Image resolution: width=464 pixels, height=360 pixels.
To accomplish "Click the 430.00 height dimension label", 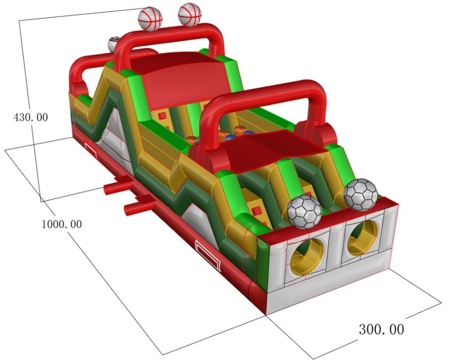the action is click(30, 117).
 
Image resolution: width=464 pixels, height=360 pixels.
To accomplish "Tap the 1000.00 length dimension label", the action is click(61, 224).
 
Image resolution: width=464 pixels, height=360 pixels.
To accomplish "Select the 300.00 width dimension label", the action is click(382, 329).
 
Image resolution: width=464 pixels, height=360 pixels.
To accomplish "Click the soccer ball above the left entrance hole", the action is click(304, 211).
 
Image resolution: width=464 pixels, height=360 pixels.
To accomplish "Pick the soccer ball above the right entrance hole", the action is click(360, 195).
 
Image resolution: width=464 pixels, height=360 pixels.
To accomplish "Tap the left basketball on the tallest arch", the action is click(150, 19).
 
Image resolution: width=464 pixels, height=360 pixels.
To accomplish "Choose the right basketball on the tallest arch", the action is click(190, 14).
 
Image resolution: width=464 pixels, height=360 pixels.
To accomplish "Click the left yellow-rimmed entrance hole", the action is click(307, 256).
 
